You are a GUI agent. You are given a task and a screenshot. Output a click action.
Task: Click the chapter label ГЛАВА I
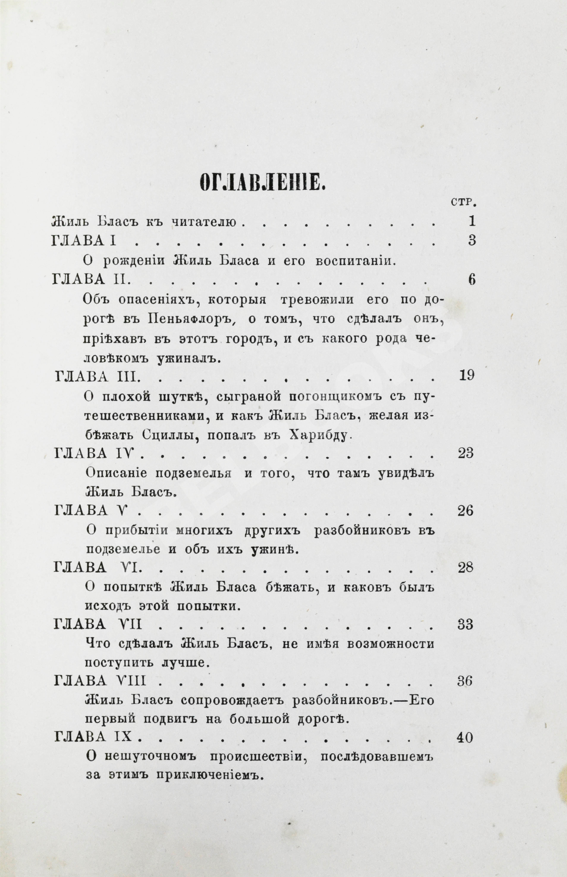point(84,241)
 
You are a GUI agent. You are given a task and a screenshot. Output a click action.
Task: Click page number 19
point(467,375)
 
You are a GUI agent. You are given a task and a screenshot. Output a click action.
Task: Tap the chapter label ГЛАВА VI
point(96,568)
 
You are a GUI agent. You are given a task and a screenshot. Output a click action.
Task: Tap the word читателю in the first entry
point(203,222)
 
